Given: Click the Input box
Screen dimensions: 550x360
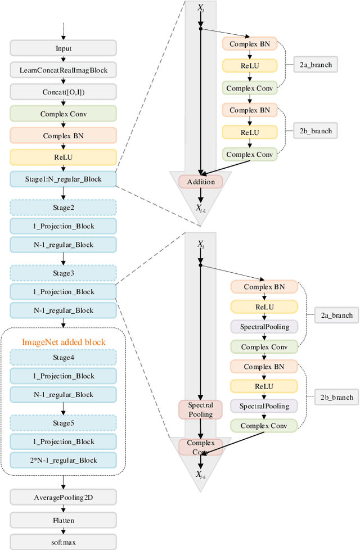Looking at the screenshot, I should tap(64, 48).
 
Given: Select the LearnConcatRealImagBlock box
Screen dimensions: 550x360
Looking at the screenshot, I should tap(64, 70).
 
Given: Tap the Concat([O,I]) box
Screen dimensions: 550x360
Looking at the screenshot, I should tap(64, 91).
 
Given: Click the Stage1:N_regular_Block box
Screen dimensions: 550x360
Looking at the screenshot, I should tap(64, 179).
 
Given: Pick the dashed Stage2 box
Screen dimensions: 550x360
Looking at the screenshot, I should tap(64, 208).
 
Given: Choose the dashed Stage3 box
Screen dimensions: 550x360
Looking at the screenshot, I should tap(64, 273).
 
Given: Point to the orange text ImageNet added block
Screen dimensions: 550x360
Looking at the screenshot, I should tap(64, 341).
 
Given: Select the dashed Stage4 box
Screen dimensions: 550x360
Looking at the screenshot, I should tap(64, 357).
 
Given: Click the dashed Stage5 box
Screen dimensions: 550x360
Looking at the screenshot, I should tap(64, 423).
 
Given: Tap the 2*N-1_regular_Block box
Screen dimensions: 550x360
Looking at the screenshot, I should tap(64, 460).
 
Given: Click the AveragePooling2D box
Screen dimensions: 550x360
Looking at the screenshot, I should tap(64, 497).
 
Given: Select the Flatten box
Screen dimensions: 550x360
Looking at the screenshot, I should tap(64, 520).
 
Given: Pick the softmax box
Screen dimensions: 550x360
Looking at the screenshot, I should tap(64, 542).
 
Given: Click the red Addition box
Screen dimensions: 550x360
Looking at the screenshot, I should tap(201, 182).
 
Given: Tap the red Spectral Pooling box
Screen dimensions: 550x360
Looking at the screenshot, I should tap(201, 409).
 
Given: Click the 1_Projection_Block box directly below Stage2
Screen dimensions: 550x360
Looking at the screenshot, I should tap(64, 226).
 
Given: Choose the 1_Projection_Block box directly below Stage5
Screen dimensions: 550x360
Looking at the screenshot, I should tap(64, 441).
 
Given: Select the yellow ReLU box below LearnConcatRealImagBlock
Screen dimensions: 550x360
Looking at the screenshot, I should tap(64, 157).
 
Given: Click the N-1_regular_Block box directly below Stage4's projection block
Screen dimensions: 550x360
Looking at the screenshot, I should tap(64, 394).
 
